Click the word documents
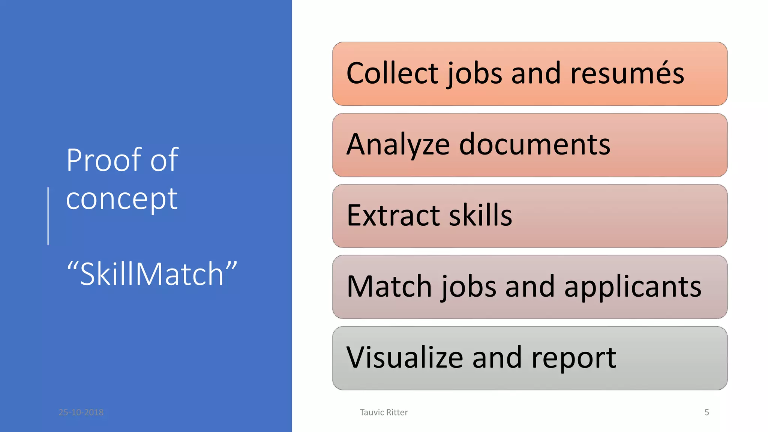tap(535, 145)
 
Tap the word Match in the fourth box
tap(389, 286)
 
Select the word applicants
tap(633, 286)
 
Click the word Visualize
tap(405, 357)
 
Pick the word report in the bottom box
tap(574, 358)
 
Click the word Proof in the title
tap(104, 160)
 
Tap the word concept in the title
tap(122, 199)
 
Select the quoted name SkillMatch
tap(152, 274)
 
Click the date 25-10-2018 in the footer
tap(81, 412)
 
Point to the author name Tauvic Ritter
tap(384, 412)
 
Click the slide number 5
tap(706, 412)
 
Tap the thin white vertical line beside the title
tap(48, 216)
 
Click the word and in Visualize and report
tap(497, 357)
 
